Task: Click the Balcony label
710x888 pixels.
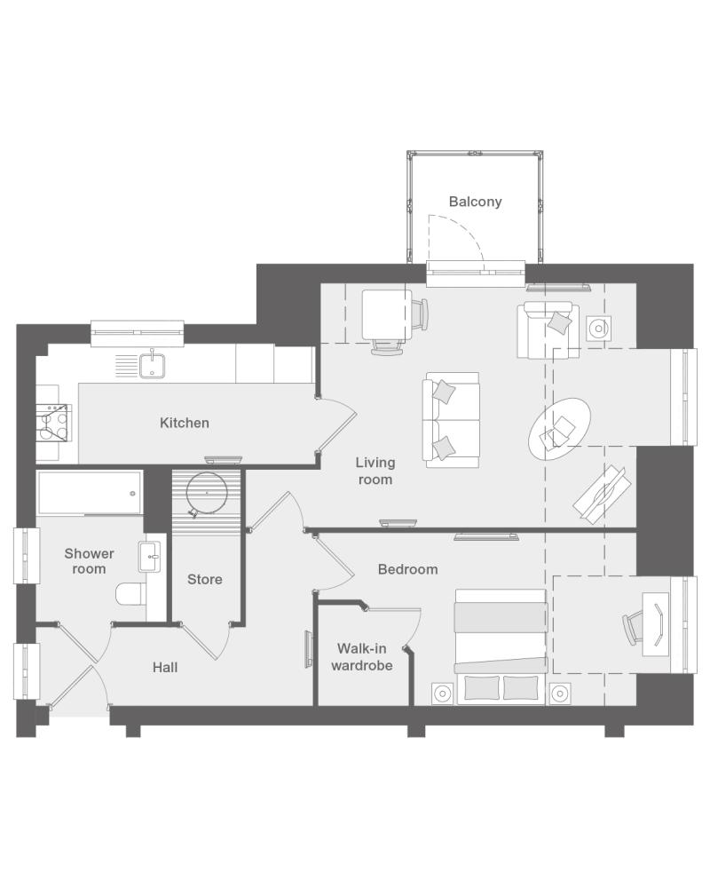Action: click(475, 202)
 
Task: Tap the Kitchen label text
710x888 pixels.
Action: click(185, 423)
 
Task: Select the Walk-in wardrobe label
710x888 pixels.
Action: click(362, 657)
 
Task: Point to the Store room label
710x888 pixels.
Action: click(204, 579)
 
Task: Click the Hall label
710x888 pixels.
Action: click(165, 668)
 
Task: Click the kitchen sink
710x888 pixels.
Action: click(153, 366)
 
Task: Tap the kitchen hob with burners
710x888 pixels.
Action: click(53, 423)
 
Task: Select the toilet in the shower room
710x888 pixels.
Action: click(130, 595)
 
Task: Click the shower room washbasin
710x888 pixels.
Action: click(150, 557)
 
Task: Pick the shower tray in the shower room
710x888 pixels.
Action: click(90, 493)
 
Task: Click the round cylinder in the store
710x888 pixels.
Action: click(207, 493)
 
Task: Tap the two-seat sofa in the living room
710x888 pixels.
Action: click(451, 420)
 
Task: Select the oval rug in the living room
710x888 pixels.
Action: click(560, 430)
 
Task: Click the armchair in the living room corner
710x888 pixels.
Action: click(548, 330)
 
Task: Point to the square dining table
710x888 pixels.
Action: click(387, 315)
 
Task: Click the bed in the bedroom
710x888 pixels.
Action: click(501, 646)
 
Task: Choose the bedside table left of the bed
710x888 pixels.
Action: click(442, 694)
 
